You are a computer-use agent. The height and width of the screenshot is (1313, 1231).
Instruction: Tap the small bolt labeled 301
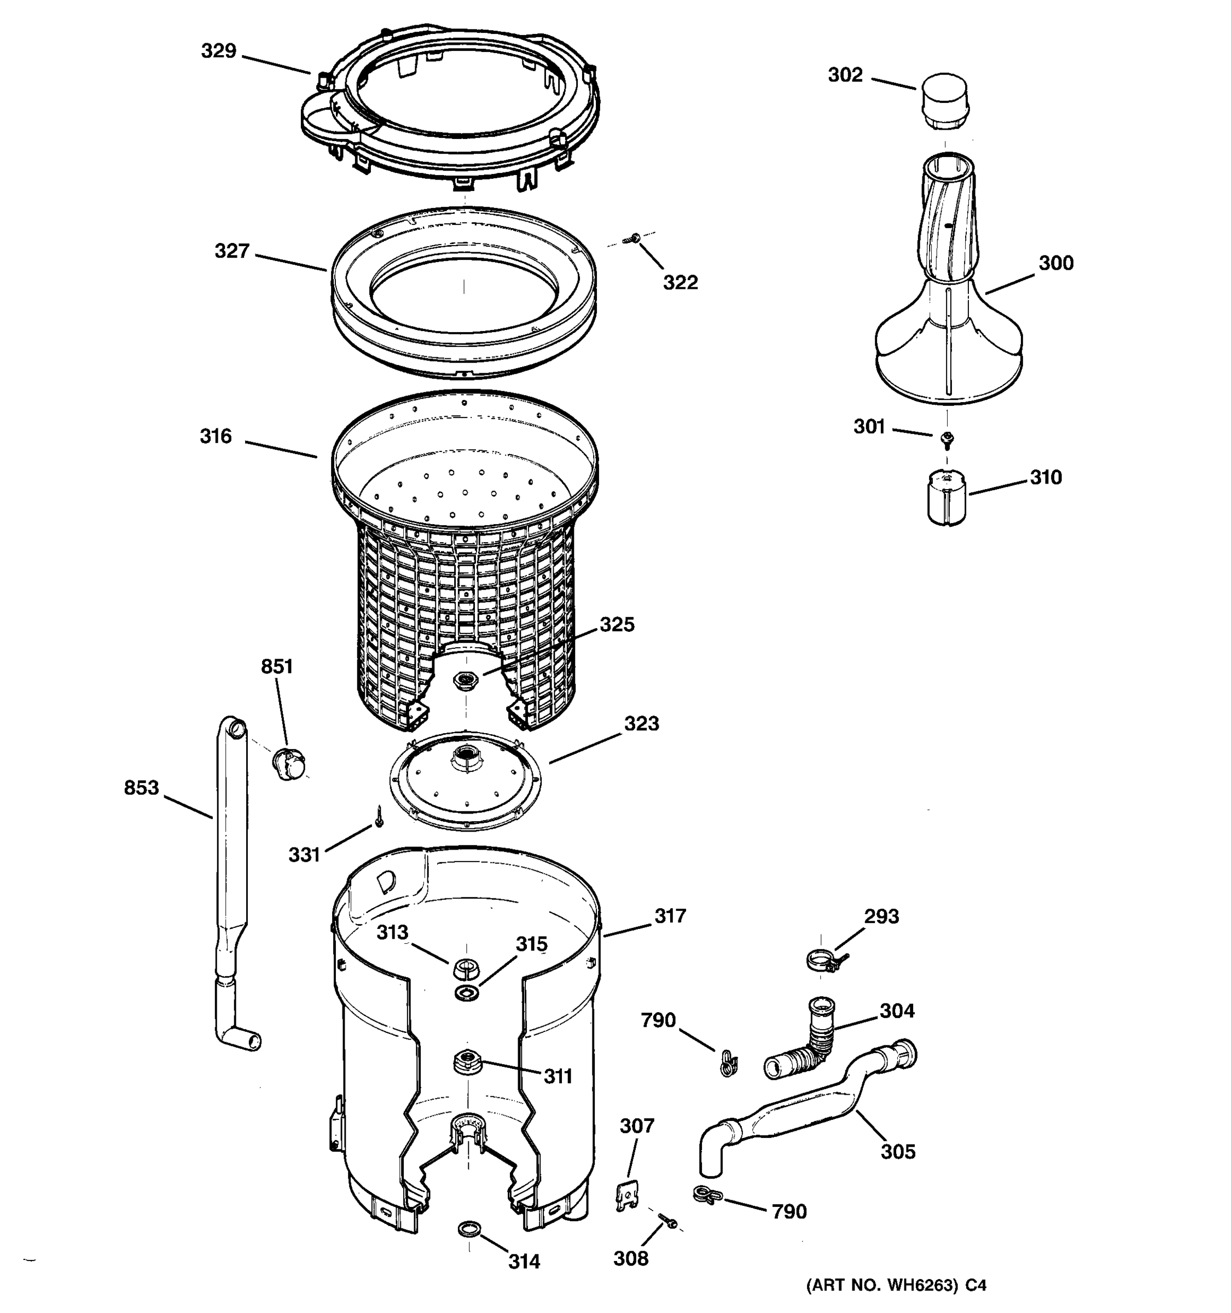[947, 437]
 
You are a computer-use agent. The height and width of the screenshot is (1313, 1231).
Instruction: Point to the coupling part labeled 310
[947, 497]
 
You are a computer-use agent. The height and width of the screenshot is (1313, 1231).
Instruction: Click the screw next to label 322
[635, 238]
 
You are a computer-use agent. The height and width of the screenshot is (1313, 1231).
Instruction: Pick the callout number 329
[219, 51]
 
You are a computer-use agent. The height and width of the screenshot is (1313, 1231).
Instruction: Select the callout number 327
[232, 251]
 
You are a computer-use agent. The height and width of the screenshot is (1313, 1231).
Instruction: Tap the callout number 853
[141, 787]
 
